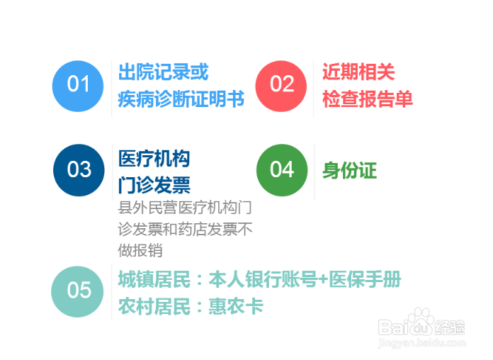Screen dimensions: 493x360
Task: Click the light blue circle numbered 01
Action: (x=78, y=86)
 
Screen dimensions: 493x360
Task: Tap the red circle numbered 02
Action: (x=281, y=86)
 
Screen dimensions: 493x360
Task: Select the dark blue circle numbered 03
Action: (x=79, y=170)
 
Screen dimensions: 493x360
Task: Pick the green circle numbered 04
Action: (x=282, y=170)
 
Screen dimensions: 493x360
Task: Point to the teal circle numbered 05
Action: (x=77, y=292)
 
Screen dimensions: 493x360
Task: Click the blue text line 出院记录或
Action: (x=163, y=72)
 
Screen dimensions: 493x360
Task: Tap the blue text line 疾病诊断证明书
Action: (x=181, y=99)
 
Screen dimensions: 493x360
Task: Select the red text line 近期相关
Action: (x=358, y=72)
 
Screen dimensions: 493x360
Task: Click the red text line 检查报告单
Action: (x=367, y=99)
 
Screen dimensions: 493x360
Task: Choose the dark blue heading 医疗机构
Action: (x=154, y=158)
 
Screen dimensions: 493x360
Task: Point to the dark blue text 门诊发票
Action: (x=154, y=185)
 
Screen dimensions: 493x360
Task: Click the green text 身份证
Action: (x=350, y=171)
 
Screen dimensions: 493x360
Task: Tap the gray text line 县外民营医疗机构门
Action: (x=185, y=208)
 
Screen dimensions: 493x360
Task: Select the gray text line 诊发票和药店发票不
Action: (x=185, y=229)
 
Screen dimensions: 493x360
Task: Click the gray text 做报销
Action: (x=140, y=250)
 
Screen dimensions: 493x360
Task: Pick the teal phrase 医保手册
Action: (x=365, y=279)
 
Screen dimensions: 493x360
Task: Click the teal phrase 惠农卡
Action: (x=236, y=306)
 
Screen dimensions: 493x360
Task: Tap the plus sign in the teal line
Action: (x=323, y=279)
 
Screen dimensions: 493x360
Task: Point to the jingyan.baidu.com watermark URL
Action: (x=422, y=342)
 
